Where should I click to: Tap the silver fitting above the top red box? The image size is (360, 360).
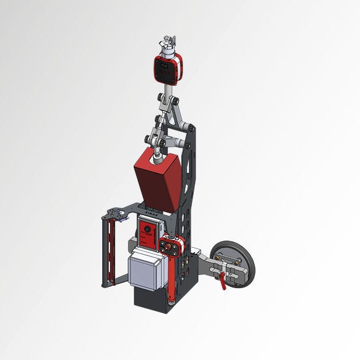pyautogui.click(x=168, y=46)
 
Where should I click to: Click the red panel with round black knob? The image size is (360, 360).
pyautogui.click(x=148, y=231)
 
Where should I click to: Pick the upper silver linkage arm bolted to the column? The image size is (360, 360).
pyautogui.click(x=178, y=119)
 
